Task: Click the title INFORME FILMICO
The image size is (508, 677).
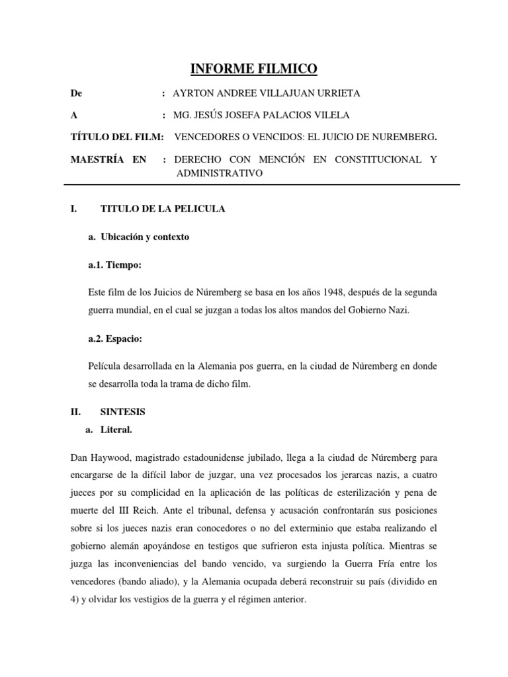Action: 253,68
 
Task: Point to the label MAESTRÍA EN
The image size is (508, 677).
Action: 108,159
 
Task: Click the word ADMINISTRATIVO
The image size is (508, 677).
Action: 220,173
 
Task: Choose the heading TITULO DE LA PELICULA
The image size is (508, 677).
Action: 163,209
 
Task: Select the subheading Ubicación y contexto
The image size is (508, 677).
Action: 143,237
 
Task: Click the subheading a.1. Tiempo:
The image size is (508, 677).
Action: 114,264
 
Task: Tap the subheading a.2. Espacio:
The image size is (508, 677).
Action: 115,338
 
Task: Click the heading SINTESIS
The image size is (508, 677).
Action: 122,411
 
